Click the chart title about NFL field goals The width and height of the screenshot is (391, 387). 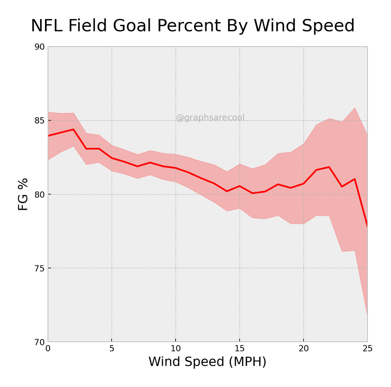(x=193, y=26)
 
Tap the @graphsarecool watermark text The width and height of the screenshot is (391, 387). (x=210, y=118)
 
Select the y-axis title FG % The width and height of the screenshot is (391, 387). (x=23, y=194)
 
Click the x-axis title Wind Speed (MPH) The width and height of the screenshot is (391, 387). (x=207, y=362)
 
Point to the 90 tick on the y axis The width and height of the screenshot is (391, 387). (x=39, y=47)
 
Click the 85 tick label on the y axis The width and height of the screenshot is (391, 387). (x=39, y=121)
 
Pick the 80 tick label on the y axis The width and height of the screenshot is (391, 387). (x=39, y=194)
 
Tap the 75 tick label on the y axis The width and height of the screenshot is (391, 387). (x=39, y=268)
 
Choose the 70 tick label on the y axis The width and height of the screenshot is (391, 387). (x=39, y=342)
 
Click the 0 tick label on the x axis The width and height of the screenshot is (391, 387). (x=48, y=349)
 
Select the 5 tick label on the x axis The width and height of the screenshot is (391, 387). (x=112, y=349)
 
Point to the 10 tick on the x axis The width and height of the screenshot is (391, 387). (x=176, y=349)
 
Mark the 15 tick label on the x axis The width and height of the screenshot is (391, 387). (x=239, y=349)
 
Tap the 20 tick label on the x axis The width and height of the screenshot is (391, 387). (x=303, y=349)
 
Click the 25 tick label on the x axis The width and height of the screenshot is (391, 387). (x=367, y=349)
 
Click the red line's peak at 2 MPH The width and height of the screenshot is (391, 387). (x=73, y=129)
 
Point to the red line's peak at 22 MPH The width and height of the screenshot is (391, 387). (x=329, y=167)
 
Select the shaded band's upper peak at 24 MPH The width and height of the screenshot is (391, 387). (x=354, y=108)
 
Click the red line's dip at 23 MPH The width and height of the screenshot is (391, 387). (x=342, y=186)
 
